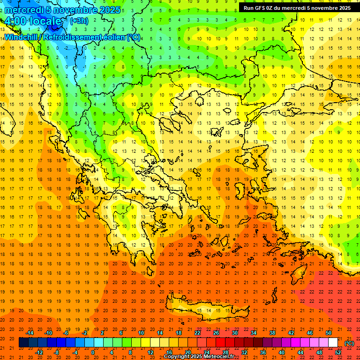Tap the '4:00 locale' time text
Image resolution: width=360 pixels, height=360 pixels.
[x=33, y=22]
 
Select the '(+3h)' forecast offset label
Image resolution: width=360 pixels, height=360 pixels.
[x=78, y=21]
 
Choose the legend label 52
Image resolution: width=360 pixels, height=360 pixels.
[x=338, y=352]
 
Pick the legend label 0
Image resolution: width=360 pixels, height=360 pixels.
[x=92, y=352]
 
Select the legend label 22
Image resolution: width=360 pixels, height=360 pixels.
[x=197, y=333]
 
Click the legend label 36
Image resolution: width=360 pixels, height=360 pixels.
[x=263, y=352]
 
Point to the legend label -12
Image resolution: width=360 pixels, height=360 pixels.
[x=39, y=352]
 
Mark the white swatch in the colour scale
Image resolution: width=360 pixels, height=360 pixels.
[x=333, y=343]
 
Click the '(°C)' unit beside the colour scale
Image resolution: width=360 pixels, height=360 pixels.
[x=349, y=343]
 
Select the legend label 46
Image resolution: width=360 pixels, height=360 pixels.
[x=310, y=333]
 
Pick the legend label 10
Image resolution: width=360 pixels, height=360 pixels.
[x=141, y=333]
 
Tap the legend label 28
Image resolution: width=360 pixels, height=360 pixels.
[x=225, y=352]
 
